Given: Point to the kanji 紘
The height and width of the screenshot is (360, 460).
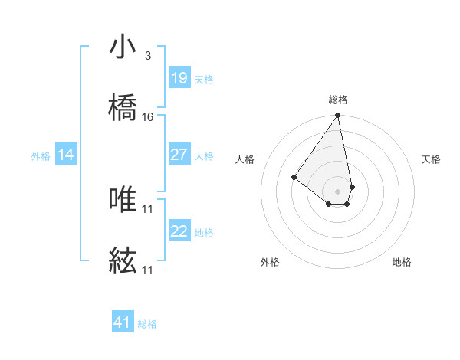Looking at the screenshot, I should [x=123, y=263].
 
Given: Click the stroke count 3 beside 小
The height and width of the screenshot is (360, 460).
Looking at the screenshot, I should [x=147, y=56].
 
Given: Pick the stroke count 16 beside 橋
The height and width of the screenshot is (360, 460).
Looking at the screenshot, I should [x=148, y=117].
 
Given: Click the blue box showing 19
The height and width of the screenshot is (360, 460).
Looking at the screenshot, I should [x=179, y=78].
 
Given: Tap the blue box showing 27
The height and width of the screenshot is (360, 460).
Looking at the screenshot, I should [x=179, y=155].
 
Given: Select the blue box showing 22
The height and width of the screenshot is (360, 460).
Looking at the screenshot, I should [x=179, y=231].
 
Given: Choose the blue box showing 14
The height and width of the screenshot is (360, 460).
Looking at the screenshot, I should [x=66, y=155].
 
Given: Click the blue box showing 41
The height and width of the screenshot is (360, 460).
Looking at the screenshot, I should [x=123, y=322].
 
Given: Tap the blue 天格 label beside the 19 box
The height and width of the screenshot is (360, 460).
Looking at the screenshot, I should [x=204, y=79].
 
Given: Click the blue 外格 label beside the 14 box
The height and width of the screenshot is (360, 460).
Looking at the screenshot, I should [x=41, y=156].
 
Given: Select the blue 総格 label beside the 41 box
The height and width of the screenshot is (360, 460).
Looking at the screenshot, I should [x=147, y=324].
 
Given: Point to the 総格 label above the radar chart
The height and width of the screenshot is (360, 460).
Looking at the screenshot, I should [x=338, y=100].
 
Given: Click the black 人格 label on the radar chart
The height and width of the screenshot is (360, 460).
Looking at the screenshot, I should [x=245, y=159].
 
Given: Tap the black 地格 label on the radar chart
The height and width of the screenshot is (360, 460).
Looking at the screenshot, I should [x=402, y=262].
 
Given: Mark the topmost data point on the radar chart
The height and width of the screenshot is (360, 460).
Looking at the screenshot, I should [x=337, y=116].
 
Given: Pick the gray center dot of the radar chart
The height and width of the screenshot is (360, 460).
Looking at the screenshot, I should [x=337, y=191].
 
